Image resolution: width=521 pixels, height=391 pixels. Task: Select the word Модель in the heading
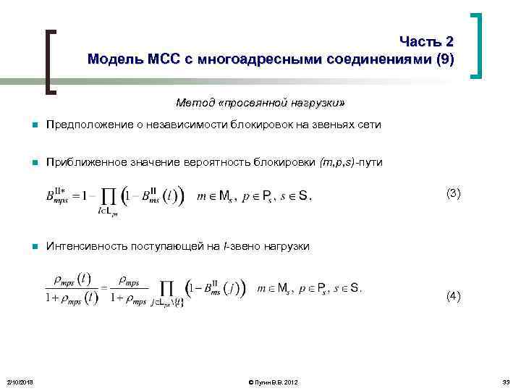113,59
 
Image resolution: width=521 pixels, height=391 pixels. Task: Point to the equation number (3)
454,193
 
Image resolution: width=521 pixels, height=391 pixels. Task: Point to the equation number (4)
454,295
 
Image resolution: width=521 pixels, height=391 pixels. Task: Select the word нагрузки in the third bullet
287,247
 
